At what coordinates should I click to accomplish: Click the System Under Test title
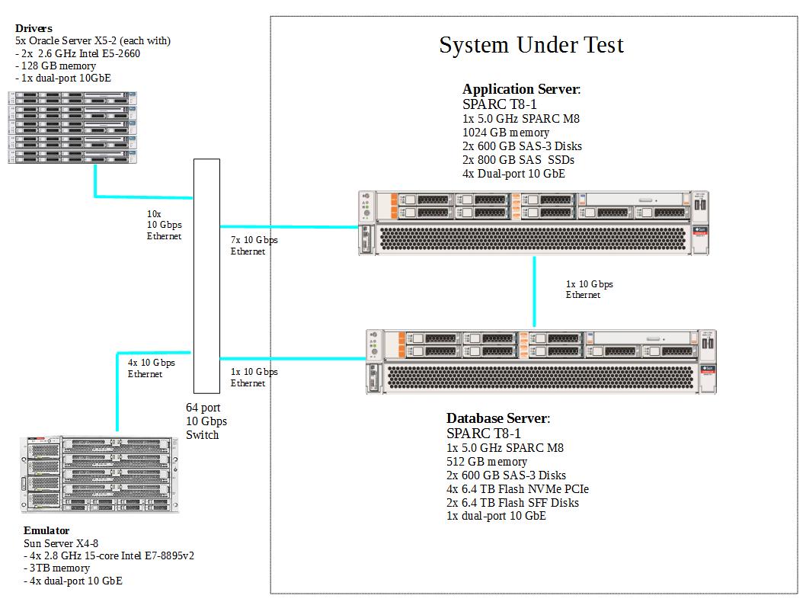tap(531, 45)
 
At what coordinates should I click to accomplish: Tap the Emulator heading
tap(46, 530)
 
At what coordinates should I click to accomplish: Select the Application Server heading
tap(521, 89)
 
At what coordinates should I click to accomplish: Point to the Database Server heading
tap(497, 418)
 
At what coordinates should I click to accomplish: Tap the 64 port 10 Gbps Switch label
tap(206, 421)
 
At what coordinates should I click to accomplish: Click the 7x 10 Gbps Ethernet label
tap(254, 245)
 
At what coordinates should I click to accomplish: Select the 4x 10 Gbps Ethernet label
tap(151, 368)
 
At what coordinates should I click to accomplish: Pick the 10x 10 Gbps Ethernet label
tap(164, 226)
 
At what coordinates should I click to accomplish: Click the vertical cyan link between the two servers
tap(534, 290)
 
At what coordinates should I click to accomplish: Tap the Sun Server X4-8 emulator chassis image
tap(99, 473)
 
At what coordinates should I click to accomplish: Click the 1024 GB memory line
tap(505, 133)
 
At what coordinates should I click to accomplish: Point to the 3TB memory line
tap(57, 568)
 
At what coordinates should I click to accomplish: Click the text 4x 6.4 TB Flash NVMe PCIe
tap(517, 489)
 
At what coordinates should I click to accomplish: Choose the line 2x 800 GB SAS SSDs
tap(518, 160)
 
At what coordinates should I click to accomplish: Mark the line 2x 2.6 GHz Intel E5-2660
tap(78, 53)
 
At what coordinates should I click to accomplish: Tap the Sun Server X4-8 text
tap(61, 543)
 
